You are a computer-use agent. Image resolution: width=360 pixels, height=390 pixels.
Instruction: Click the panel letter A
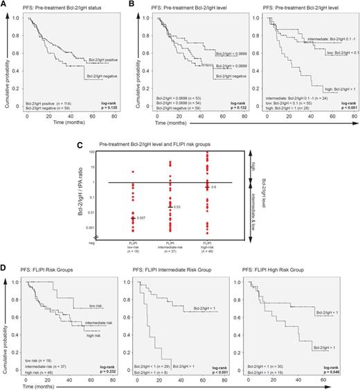pyautogui.click(x=4, y=5)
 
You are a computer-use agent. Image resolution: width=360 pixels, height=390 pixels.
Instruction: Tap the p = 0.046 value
pyautogui.click(x=343, y=369)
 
